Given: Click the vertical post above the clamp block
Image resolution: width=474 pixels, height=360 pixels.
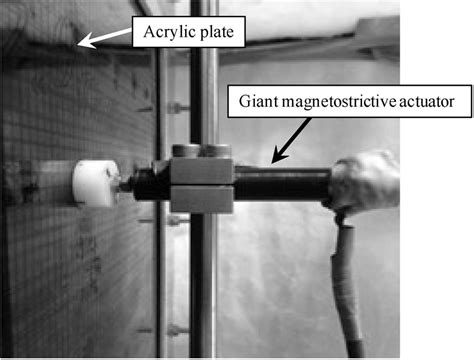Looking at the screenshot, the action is tap(204, 80).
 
